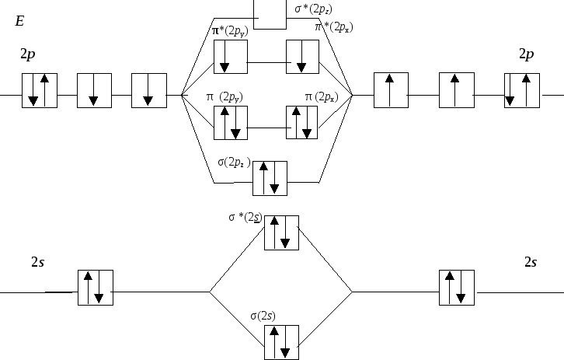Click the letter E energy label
(19, 21)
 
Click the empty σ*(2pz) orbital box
(270, 15)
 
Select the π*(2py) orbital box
(231, 57)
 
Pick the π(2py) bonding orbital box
(231, 123)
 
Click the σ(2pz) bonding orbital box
(270, 179)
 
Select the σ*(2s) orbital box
(282, 233)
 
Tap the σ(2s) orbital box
(282, 342)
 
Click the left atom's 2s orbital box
(96, 288)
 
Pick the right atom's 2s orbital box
(457, 288)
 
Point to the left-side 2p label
(28, 54)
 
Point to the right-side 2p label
(527, 54)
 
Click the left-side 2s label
(38, 263)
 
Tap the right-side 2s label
(531, 263)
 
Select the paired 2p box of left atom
(40, 90)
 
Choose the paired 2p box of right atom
(522, 90)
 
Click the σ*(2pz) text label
(313, 9)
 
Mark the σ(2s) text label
(263, 316)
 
